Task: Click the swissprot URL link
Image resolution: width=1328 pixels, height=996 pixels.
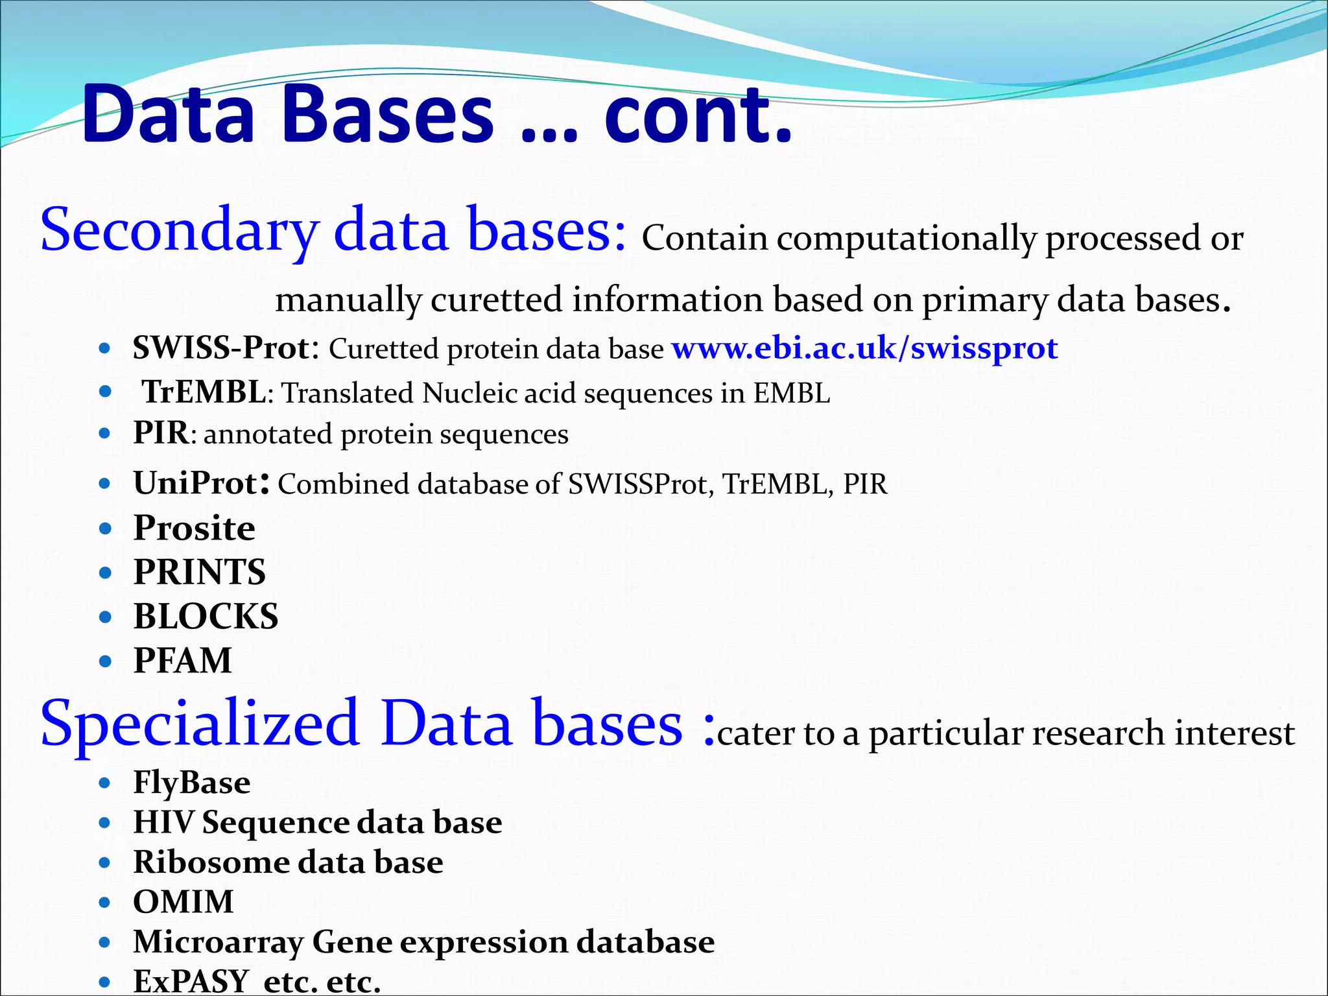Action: click(864, 349)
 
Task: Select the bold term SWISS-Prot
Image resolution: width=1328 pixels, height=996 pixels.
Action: click(221, 348)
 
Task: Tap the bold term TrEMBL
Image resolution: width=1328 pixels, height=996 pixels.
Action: click(204, 393)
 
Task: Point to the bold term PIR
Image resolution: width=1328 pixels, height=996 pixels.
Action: click(160, 433)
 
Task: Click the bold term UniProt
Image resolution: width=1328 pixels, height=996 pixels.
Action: click(195, 484)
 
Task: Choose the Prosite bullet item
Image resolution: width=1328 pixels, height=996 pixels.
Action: click(194, 528)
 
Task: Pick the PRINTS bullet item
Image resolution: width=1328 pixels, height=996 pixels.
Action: click(199, 572)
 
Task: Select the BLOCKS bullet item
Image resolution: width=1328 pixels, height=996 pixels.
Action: click(206, 616)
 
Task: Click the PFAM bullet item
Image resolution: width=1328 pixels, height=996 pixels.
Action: click(182, 661)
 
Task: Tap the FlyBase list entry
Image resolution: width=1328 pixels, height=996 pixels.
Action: click(191, 782)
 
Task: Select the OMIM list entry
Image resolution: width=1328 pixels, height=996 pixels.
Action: click(183, 902)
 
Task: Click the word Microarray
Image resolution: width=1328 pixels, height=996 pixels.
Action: click(218, 942)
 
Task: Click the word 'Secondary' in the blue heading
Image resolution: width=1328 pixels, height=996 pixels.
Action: click(179, 231)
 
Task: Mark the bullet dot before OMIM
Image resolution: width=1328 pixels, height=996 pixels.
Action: click(105, 903)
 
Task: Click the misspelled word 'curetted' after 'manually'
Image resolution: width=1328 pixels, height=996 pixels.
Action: click(496, 300)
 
